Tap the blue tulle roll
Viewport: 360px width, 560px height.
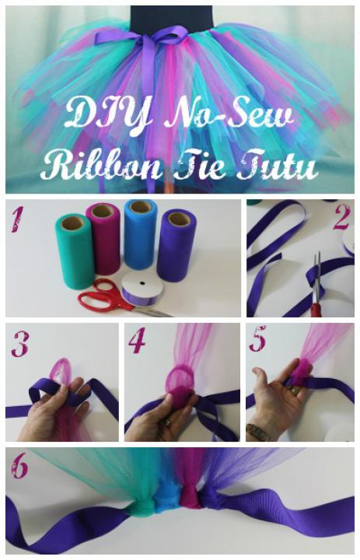[x=141, y=234]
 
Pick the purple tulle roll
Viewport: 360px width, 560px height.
[x=175, y=247]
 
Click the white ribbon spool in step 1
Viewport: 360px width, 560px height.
[x=140, y=289]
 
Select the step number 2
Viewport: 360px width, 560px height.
[x=341, y=218]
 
